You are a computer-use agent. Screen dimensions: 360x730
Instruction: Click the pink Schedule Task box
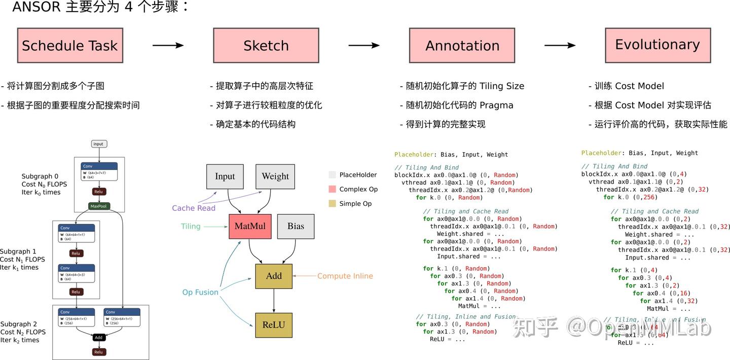click(x=70, y=46)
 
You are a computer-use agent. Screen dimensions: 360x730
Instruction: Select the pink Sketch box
click(x=266, y=46)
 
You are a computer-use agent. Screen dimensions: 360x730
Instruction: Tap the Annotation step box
click(x=462, y=46)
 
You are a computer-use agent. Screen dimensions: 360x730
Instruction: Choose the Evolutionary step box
click(x=658, y=45)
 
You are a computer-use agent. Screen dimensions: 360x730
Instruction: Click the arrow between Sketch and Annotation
click(x=364, y=46)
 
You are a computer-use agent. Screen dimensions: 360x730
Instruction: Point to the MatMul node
click(x=250, y=226)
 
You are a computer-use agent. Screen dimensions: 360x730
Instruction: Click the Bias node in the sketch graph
click(x=296, y=226)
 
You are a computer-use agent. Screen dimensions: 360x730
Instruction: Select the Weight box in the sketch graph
click(x=275, y=176)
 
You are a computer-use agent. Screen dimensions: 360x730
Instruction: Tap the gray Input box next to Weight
click(x=225, y=176)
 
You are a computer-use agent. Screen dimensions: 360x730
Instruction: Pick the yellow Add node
click(x=274, y=276)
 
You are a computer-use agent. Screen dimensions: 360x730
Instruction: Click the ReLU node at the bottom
click(x=274, y=325)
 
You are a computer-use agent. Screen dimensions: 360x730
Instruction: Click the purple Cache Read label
click(x=194, y=208)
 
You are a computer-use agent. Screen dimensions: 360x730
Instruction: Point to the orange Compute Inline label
click(x=345, y=276)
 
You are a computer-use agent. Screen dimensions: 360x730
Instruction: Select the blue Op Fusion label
click(x=200, y=292)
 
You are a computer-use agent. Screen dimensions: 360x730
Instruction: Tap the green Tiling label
click(x=191, y=226)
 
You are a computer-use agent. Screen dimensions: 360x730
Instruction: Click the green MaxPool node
click(x=99, y=206)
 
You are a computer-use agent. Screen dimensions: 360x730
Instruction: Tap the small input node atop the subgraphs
click(x=99, y=144)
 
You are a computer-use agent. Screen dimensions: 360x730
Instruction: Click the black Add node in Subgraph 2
click(x=99, y=337)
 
